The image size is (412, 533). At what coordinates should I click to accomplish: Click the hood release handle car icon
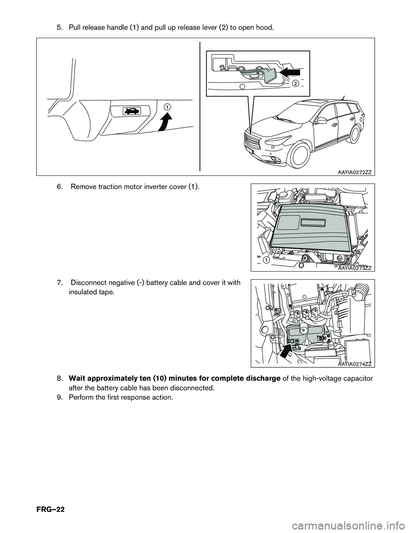[x=131, y=112]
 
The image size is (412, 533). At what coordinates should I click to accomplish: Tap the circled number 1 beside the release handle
[x=166, y=106]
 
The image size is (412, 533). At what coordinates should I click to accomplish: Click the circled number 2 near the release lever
[x=295, y=84]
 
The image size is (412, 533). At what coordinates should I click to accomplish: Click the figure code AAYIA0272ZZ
[x=354, y=172]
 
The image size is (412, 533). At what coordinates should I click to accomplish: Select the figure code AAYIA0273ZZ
[x=354, y=268]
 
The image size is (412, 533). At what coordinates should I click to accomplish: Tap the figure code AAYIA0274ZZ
[x=354, y=364]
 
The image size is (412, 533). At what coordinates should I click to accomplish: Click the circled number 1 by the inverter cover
[x=266, y=260]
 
